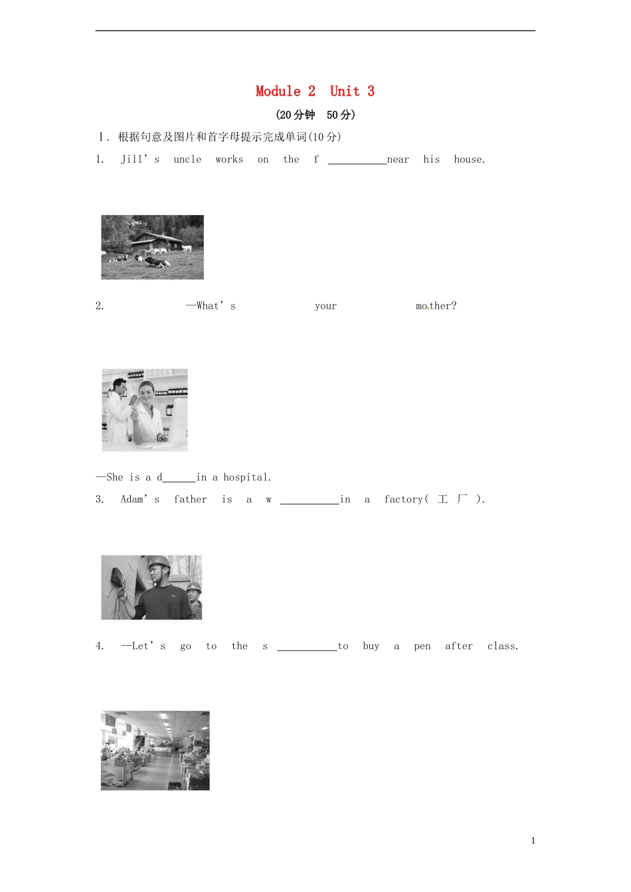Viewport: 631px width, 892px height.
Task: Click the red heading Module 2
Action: tap(285, 91)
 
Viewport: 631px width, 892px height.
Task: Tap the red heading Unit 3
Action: tap(352, 91)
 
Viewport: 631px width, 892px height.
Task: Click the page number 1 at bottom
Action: tap(533, 840)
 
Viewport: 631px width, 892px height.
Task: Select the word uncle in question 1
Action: tap(187, 159)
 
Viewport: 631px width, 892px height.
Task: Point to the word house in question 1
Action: tap(469, 159)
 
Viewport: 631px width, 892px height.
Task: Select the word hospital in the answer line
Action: tap(246, 477)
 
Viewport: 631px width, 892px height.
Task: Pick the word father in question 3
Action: tap(190, 499)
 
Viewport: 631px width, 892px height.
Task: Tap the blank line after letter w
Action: tap(309, 501)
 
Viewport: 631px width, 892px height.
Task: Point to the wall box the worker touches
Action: tap(117, 577)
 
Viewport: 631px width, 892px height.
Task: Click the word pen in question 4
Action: tap(422, 646)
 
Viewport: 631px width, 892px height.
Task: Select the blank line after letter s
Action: tap(306, 648)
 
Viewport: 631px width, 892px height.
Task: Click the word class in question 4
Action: tap(501, 646)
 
